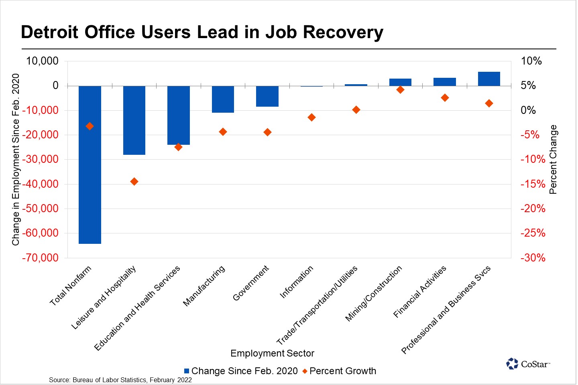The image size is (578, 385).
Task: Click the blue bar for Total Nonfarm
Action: click(90, 164)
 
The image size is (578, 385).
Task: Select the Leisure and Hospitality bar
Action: click(134, 120)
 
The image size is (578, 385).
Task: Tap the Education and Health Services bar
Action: click(179, 115)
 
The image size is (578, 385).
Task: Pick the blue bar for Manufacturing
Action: click(223, 99)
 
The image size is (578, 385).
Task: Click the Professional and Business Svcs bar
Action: click(489, 79)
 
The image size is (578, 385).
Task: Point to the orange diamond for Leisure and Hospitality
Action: click(134, 182)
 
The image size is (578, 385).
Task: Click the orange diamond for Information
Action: click(311, 118)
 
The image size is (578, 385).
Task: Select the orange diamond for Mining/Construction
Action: click(400, 90)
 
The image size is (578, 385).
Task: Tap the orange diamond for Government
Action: click(267, 132)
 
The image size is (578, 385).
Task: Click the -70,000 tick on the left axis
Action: click(40, 258)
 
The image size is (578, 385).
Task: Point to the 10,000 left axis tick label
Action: click(42, 61)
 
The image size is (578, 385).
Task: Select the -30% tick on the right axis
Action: click(533, 258)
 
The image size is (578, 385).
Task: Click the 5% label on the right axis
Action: click(528, 85)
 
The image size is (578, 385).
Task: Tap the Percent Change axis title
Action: click(553, 159)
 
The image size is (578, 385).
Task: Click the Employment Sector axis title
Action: click(272, 353)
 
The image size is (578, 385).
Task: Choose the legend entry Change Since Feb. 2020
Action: click(241, 371)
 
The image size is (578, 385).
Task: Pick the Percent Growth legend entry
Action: click(340, 371)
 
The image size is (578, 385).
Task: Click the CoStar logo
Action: click(528, 364)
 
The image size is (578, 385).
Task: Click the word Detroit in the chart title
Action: click(50, 32)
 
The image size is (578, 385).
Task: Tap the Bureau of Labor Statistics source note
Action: click(120, 380)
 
